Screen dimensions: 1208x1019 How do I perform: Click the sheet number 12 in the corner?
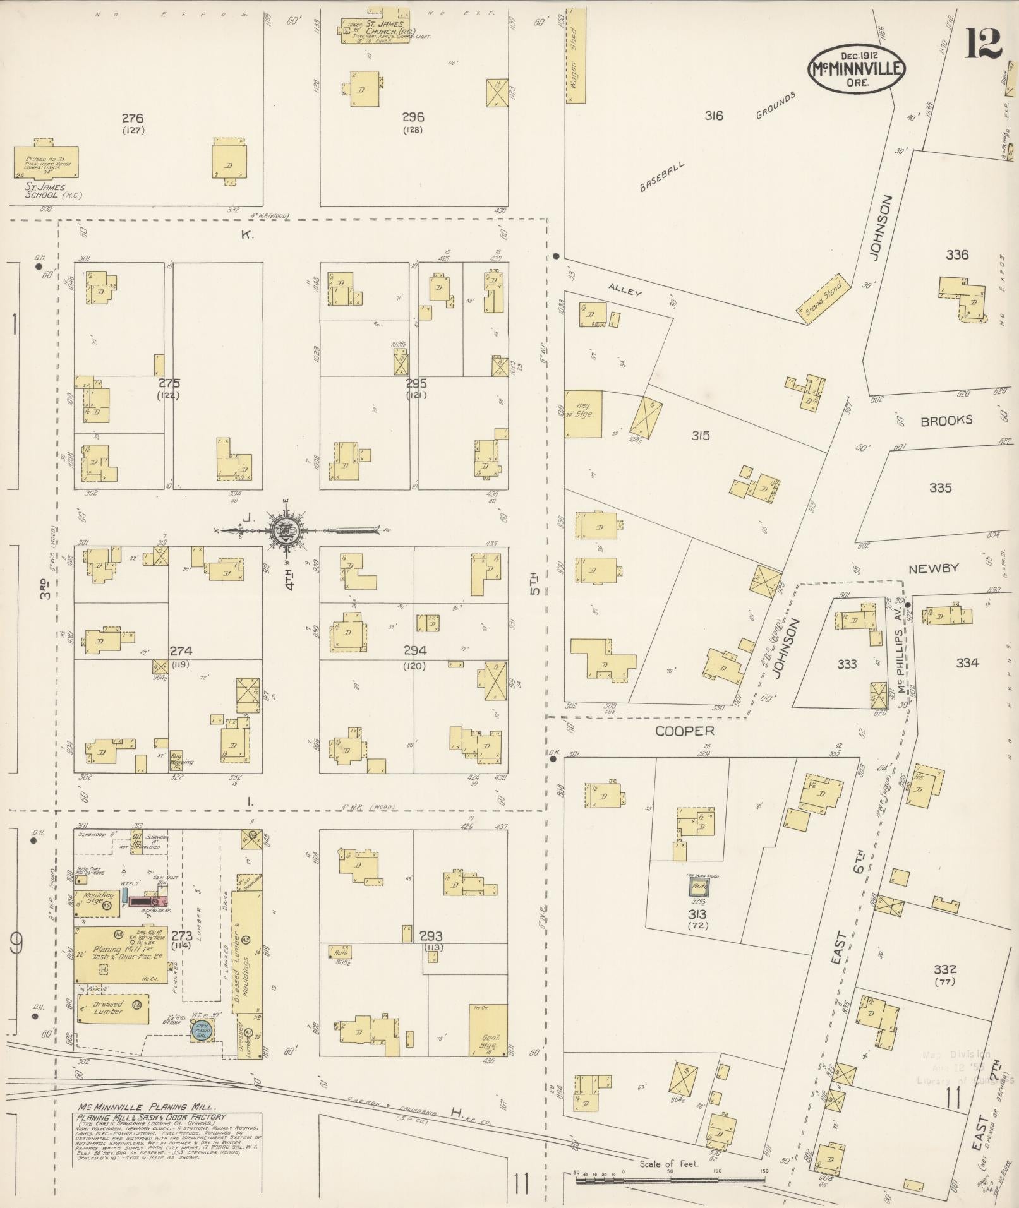coord(982,43)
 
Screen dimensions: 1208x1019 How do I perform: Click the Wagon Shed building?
coord(574,56)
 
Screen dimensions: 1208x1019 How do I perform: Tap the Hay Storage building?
coord(582,414)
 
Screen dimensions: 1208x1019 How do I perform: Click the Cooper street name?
coord(684,731)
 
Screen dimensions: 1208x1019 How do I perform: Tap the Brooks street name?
coord(946,421)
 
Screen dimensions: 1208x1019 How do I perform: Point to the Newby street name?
coord(933,568)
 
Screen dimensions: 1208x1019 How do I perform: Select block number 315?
coord(700,436)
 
